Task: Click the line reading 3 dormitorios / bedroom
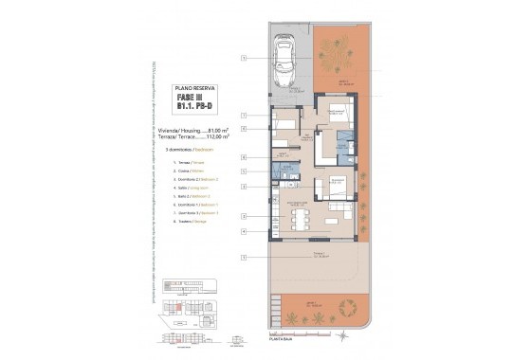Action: (186, 150)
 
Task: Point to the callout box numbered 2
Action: (244, 171)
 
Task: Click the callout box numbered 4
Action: (244, 231)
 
